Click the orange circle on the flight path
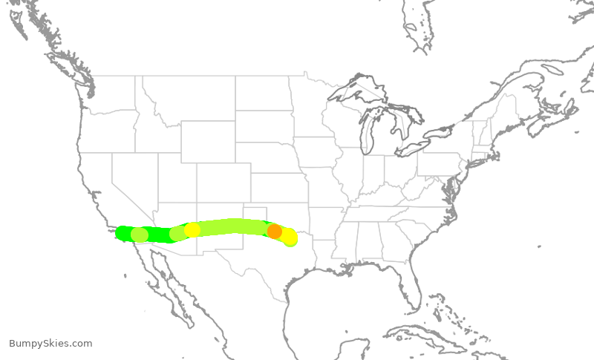274,231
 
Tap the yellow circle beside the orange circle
288,237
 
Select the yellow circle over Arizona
192,229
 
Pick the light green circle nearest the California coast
139,235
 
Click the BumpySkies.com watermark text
50,343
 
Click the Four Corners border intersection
197,203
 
